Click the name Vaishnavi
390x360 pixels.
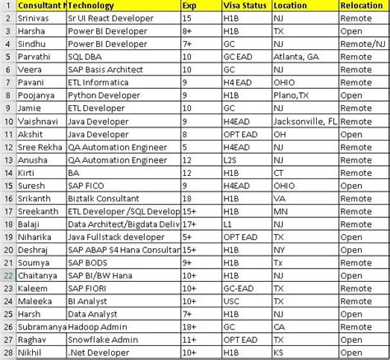pyautogui.click(x=39, y=120)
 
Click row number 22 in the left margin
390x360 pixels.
pyautogui.click(x=7, y=274)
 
